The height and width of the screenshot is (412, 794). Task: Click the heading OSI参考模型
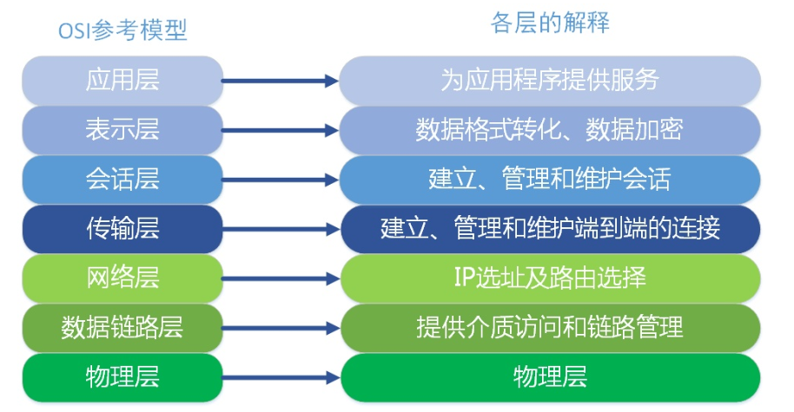[x=122, y=30]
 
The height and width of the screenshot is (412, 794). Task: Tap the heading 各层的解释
[x=550, y=23]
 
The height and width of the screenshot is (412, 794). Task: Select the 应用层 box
[x=122, y=81]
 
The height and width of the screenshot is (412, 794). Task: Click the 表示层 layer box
[x=122, y=130]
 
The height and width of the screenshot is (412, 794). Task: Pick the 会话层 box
[x=122, y=180]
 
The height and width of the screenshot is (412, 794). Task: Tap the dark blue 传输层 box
[x=122, y=229]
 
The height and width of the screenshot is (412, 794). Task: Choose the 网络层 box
[x=122, y=278]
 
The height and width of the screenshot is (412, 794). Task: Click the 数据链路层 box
[x=122, y=328]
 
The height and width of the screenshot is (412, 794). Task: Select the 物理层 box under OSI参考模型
[x=122, y=377]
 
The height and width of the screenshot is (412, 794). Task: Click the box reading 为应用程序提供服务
[x=550, y=81]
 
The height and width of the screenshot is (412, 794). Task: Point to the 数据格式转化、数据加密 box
[x=550, y=130]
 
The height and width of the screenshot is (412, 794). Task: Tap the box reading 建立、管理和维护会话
[x=550, y=180]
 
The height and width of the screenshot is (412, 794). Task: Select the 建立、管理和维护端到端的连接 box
[x=550, y=229]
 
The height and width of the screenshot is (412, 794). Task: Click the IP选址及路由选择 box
[x=550, y=278]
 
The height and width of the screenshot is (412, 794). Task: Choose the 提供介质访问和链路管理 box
[x=550, y=328]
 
